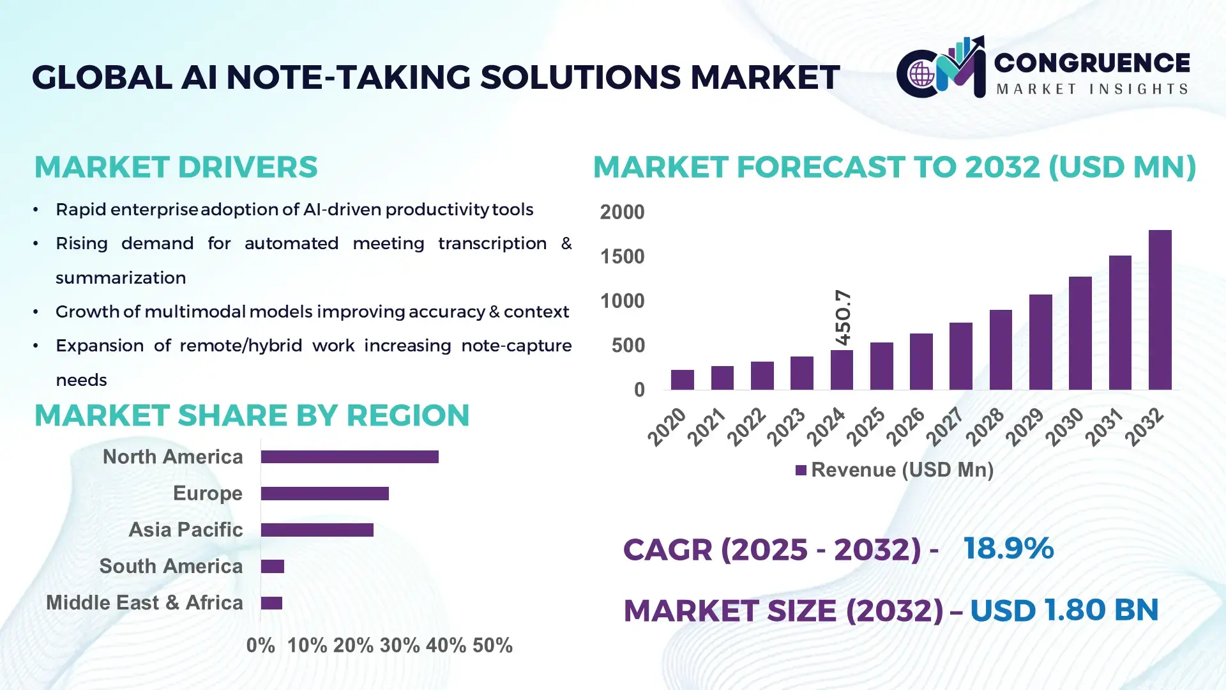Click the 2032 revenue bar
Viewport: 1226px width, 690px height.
1160,310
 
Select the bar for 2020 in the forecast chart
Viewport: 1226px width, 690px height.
682,379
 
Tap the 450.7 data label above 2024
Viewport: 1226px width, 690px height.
843,317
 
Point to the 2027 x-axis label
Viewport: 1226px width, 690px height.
944,426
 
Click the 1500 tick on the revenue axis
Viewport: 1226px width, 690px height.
622,257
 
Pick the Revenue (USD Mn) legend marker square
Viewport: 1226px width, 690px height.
801,470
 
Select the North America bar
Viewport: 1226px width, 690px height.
349,457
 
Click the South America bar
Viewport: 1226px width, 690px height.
273,566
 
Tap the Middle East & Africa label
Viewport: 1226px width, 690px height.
144,602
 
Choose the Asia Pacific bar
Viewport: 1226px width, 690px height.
317,530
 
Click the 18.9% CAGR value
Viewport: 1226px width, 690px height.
1008,548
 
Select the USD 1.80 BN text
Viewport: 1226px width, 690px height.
1064,610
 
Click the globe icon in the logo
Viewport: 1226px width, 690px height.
921,74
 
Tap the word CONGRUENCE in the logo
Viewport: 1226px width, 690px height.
1092,63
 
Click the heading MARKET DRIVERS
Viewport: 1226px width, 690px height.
176,167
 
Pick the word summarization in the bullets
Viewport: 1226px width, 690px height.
121,278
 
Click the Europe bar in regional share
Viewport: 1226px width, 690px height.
324,493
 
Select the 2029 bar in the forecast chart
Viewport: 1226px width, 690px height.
1040,342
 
